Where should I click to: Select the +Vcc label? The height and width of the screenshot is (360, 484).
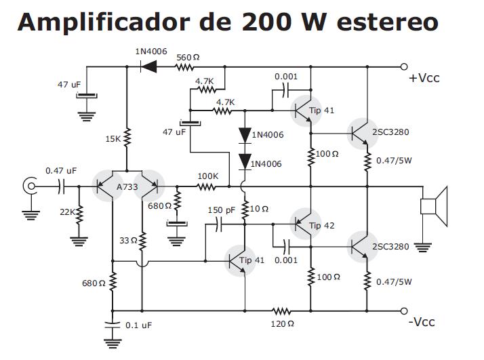click(x=424, y=77)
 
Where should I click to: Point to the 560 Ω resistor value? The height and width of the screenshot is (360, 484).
click(x=188, y=57)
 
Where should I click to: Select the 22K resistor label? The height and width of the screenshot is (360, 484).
click(x=68, y=212)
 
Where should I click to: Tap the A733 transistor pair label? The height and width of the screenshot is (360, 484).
click(x=127, y=187)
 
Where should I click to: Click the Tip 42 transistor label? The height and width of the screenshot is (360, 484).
click(x=322, y=226)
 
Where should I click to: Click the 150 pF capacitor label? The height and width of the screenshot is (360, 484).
click(x=221, y=210)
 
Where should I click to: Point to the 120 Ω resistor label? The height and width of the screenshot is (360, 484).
click(x=282, y=323)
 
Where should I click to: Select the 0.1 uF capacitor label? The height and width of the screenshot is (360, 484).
click(x=138, y=325)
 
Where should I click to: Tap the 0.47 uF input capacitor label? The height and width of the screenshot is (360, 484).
click(x=61, y=170)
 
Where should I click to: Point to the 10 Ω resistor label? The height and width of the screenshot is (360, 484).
click(x=260, y=209)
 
